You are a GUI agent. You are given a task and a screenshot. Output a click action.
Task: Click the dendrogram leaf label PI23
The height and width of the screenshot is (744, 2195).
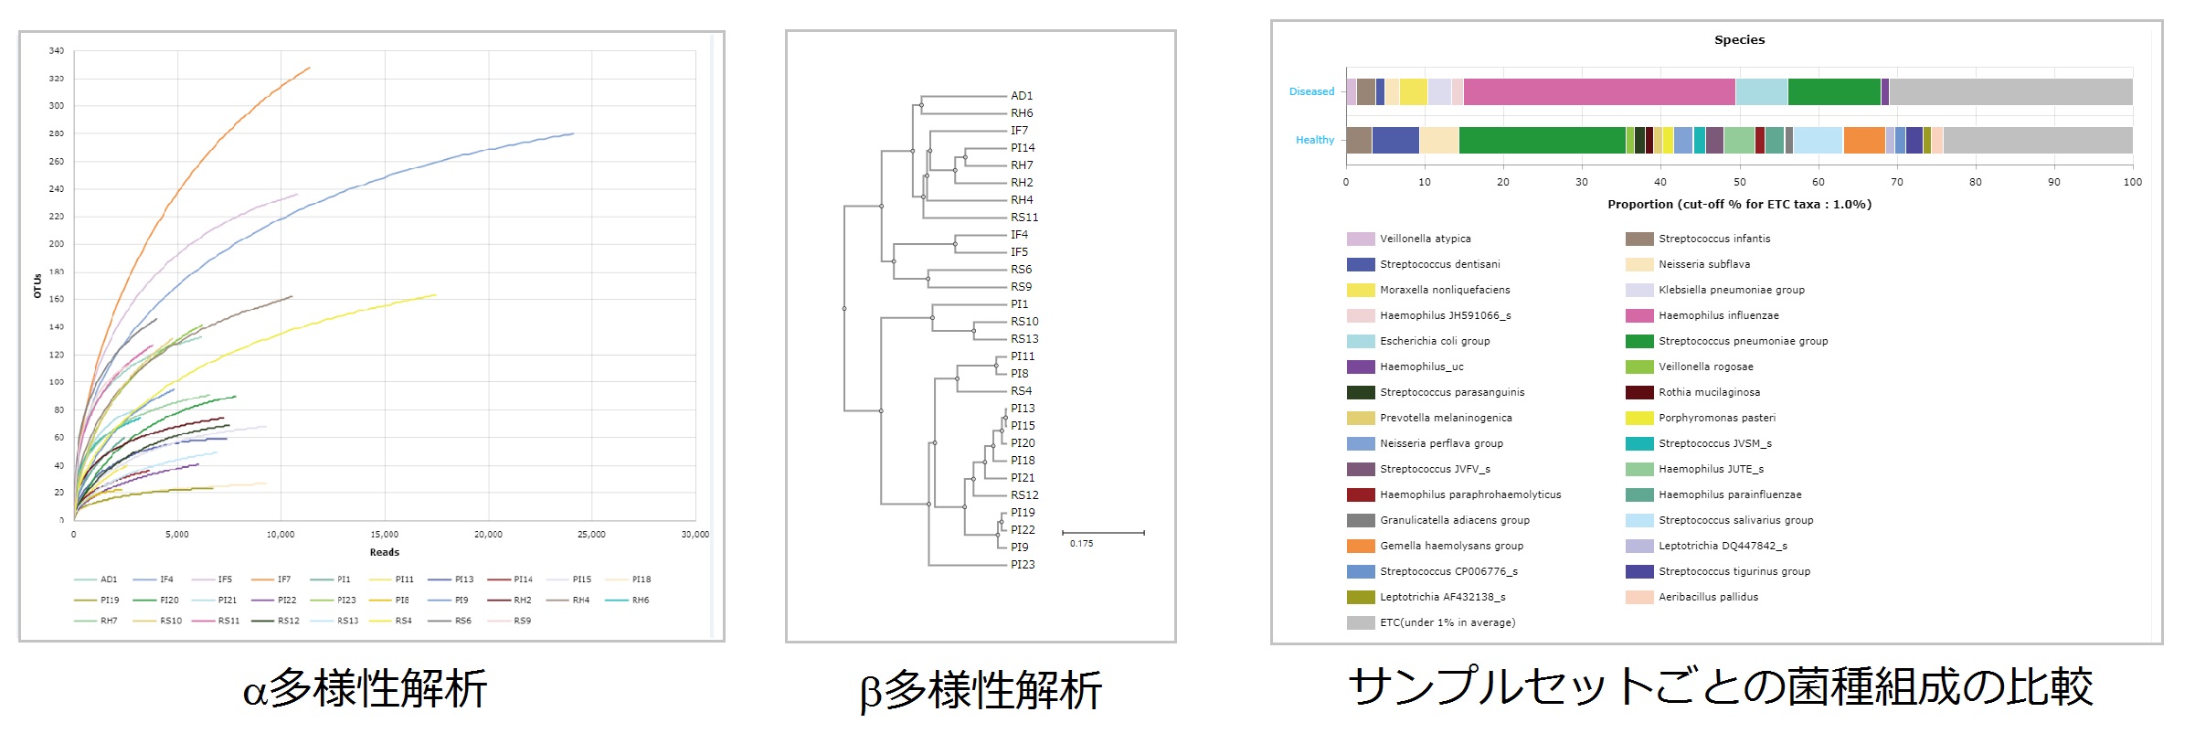pos(1023,565)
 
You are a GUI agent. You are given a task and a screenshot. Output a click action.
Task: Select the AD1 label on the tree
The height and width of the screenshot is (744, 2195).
pos(1022,96)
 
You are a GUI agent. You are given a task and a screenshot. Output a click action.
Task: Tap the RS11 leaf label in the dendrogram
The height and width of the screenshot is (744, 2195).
pos(1024,218)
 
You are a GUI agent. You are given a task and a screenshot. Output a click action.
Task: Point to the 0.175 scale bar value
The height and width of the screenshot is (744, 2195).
pos(1081,544)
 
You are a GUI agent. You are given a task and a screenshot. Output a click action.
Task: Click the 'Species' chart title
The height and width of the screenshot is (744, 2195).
pos(1739,40)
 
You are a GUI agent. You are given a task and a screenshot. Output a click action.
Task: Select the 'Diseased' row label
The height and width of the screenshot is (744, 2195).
pos(1311,91)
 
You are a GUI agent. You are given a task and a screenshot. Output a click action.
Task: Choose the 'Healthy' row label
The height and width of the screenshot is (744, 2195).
pos(1315,140)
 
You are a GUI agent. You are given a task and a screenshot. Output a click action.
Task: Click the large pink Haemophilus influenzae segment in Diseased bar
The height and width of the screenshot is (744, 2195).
pos(1598,91)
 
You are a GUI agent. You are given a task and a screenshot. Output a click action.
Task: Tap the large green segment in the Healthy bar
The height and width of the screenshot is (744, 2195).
pos(1542,140)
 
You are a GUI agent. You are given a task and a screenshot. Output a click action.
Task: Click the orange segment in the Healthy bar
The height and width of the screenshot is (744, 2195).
pos(1864,140)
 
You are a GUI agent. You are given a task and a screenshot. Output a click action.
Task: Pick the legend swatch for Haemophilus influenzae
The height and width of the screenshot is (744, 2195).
pos(1639,315)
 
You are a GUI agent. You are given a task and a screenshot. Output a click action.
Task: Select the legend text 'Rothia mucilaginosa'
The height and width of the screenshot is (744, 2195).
pos(1709,392)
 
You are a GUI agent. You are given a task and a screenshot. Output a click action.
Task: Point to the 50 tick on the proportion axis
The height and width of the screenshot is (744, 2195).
pos(1739,182)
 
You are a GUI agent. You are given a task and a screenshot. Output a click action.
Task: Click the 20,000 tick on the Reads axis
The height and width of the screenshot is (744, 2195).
pos(488,535)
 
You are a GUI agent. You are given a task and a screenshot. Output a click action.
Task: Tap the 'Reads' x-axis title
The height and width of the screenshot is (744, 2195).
pos(385,552)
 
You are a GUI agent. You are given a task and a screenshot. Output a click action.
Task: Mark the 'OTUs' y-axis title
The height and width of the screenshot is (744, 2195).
pos(37,286)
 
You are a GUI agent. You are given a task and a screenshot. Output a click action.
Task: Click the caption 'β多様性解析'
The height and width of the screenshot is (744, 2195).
pos(981,690)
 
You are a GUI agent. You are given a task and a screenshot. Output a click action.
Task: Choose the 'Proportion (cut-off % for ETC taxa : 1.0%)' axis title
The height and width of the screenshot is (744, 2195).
pos(1739,205)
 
